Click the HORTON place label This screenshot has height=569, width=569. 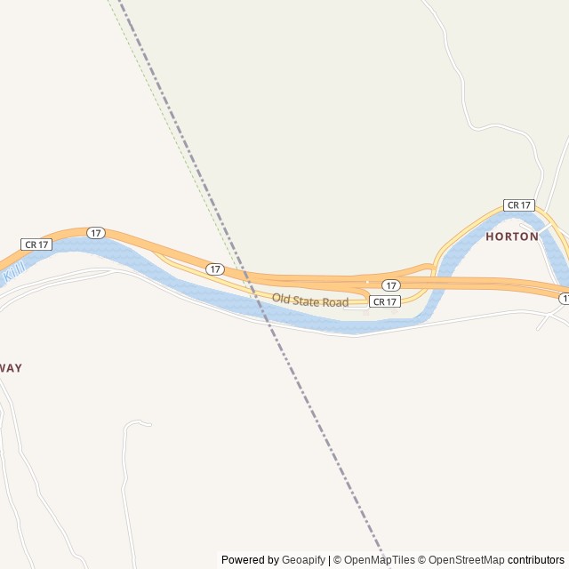point(512,236)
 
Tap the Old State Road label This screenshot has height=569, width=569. point(310,301)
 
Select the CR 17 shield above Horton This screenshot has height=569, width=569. point(518,205)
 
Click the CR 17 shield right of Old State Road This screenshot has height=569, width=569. point(385,302)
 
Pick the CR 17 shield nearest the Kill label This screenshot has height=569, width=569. point(36,244)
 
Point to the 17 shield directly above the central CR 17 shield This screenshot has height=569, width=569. point(390,285)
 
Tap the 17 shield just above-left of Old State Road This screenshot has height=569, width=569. point(215,268)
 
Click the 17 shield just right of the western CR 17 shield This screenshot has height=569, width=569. point(96,233)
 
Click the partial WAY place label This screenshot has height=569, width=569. point(11,368)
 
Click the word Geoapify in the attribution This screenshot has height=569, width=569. point(304,560)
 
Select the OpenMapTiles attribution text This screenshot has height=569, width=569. point(380,560)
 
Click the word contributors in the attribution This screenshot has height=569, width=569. point(536,560)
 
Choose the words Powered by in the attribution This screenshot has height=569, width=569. point(250,560)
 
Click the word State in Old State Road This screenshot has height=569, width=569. point(308,301)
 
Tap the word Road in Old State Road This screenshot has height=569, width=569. point(335,303)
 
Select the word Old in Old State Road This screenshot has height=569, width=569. point(281,299)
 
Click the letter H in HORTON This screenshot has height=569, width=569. point(490,236)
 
